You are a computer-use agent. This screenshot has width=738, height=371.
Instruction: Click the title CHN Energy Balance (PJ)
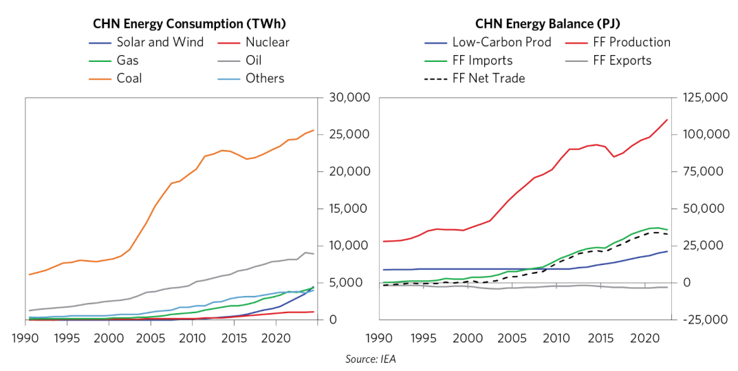click(547, 23)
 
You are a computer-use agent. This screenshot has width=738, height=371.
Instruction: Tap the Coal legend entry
click(129, 78)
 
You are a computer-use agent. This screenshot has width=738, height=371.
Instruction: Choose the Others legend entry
click(265, 78)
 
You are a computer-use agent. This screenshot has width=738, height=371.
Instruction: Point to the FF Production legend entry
click(631, 42)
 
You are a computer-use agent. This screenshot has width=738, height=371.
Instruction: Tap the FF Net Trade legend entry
click(488, 78)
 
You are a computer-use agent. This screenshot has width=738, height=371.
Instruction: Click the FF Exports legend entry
click(622, 61)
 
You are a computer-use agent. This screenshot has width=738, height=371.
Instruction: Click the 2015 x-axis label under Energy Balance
click(599, 339)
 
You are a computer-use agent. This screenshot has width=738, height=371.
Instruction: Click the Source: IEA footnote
click(370, 359)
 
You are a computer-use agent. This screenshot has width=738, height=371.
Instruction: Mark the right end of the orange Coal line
click(314, 130)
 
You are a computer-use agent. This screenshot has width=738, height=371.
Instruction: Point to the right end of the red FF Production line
click(667, 120)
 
